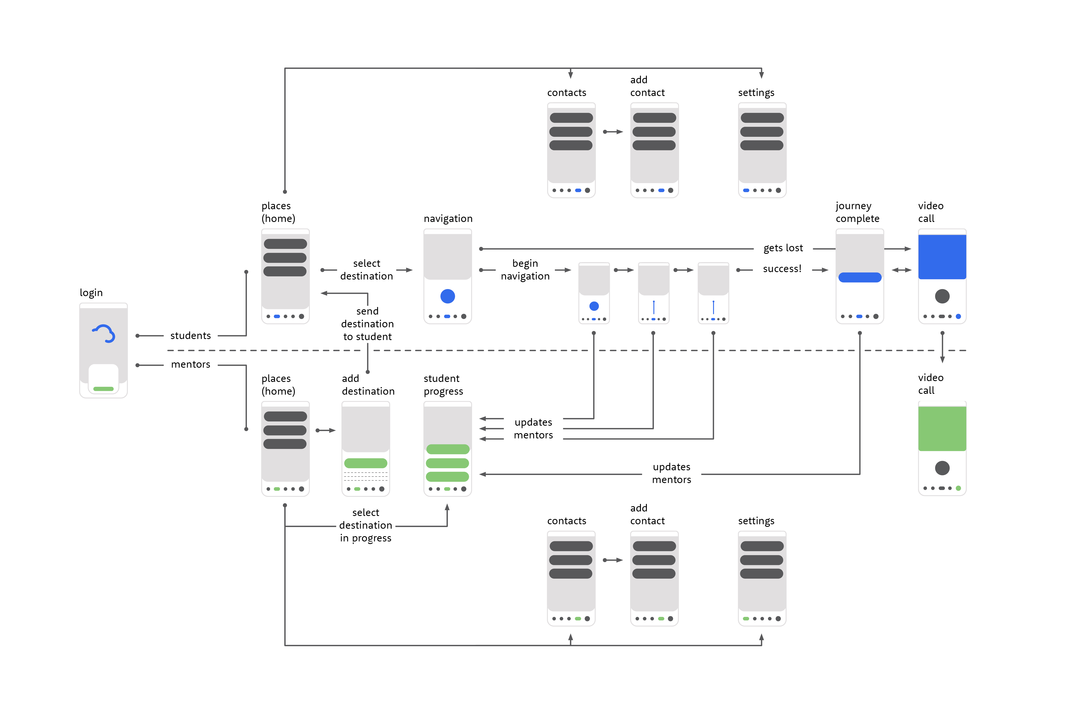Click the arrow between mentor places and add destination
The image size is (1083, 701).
click(x=325, y=430)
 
